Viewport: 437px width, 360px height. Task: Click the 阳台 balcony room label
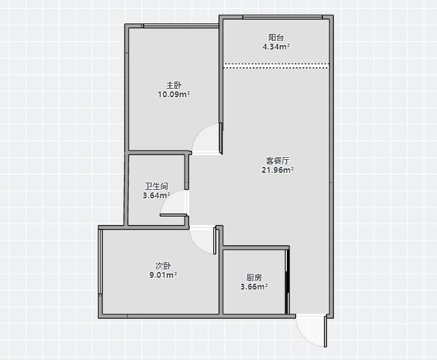276,37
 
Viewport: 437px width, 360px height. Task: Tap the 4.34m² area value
276,46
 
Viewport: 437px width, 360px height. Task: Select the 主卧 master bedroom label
174,85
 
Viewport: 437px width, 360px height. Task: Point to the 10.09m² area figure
174,94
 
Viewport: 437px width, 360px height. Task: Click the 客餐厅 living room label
278,160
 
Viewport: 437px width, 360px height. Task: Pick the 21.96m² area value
278,170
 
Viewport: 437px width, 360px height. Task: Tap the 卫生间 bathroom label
157,186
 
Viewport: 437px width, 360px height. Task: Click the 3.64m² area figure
157,195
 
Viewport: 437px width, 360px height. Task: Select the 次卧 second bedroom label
163,265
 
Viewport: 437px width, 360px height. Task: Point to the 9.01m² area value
163,275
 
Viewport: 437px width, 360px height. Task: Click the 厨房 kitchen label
254,278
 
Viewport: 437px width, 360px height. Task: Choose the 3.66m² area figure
254,287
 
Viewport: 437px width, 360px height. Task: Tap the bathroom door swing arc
169,198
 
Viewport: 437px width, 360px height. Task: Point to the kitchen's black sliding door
287,282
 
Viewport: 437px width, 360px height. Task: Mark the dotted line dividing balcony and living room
276,66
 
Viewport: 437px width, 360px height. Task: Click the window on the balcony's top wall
282,17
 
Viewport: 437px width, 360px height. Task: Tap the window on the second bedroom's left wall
100,262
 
